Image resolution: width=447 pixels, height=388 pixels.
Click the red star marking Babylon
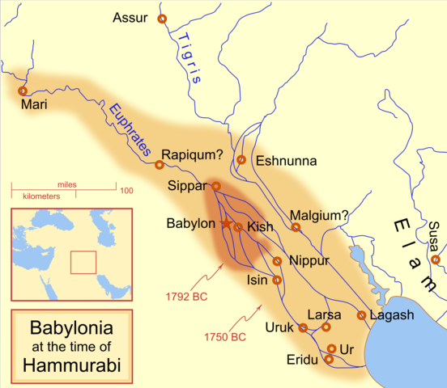tap(227, 223)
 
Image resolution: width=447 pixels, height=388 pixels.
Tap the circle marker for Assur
tap(162, 19)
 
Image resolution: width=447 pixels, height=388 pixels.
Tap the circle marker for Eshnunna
tap(241, 160)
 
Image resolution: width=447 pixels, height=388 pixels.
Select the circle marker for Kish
tap(238, 227)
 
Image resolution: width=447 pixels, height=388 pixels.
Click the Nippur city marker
tap(278, 261)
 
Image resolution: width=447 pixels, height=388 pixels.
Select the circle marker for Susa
tap(436, 259)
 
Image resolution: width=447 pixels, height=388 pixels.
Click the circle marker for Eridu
tap(329, 359)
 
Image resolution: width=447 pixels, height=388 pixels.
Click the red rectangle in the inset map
tap(83, 263)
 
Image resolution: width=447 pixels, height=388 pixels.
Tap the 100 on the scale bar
tap(126, 191)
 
